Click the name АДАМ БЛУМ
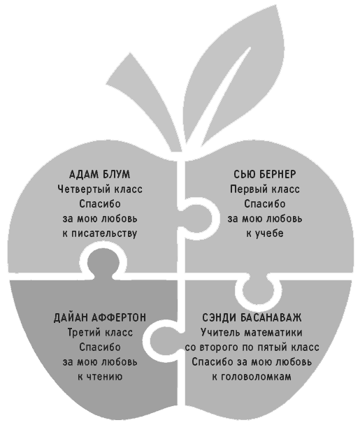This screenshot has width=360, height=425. pos(100,174)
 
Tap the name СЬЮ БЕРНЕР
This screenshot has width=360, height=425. pos(264,174)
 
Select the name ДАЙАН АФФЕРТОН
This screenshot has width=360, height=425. pos(100,317)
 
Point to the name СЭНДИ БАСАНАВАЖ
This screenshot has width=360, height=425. pos(252,317)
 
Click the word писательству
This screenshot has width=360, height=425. pos(104,233)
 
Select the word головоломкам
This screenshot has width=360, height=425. pos(256,377)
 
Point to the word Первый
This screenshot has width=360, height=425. pos(248,189)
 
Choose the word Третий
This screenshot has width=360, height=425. pos(83,332)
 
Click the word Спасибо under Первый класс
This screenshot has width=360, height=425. pos(264,204)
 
